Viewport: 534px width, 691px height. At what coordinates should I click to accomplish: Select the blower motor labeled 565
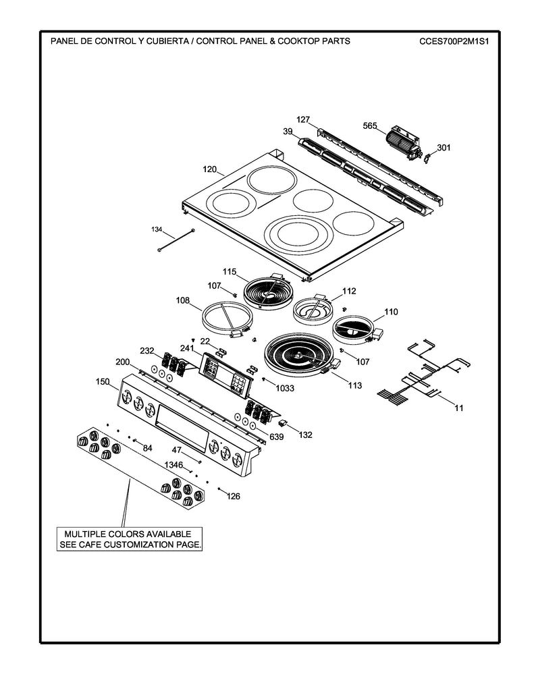pos(402,142)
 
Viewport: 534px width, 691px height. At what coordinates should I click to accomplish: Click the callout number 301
pos(443,147)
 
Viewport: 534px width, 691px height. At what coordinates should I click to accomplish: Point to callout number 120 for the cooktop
pos(210,171)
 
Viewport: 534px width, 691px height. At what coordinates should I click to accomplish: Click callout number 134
pos(157,230)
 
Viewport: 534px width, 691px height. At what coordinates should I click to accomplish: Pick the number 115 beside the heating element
pos(230,272)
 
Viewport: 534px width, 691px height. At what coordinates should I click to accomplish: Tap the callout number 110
pos(391,312)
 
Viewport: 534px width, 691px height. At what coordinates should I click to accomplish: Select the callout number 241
pos(187,349)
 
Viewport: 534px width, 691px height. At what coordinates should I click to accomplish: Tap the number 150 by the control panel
pos(102,381)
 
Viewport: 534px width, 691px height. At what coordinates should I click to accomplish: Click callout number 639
pos(275,437)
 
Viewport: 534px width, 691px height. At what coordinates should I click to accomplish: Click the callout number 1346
pos(174,464)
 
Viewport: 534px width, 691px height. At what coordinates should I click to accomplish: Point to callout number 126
pos(233,497)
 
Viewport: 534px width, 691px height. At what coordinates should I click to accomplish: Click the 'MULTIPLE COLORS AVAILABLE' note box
pos(128,538)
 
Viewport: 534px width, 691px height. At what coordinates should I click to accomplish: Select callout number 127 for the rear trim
pos(303,119)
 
